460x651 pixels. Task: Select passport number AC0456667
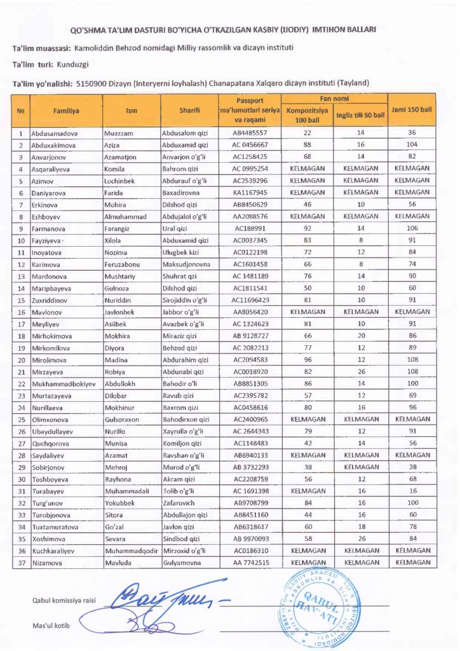[250, 145]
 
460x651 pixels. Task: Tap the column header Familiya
[66, 111]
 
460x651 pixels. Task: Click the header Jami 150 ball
[411, 109]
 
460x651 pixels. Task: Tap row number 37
[22, 562]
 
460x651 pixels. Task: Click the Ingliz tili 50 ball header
[360, 115]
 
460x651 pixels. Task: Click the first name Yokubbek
[121, 504]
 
